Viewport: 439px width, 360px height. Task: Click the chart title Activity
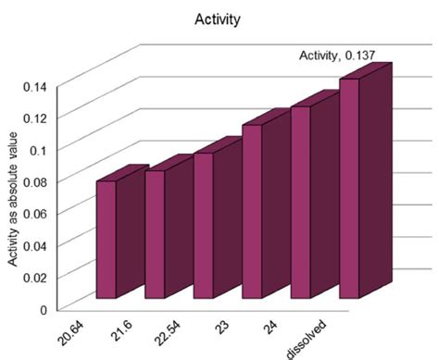pyautogui.click(x=219, y=18)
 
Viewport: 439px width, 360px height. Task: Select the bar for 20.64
pyautogui.click(x=107, y=239)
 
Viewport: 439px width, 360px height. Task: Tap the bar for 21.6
pyautogui.click(x=155, y=234)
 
